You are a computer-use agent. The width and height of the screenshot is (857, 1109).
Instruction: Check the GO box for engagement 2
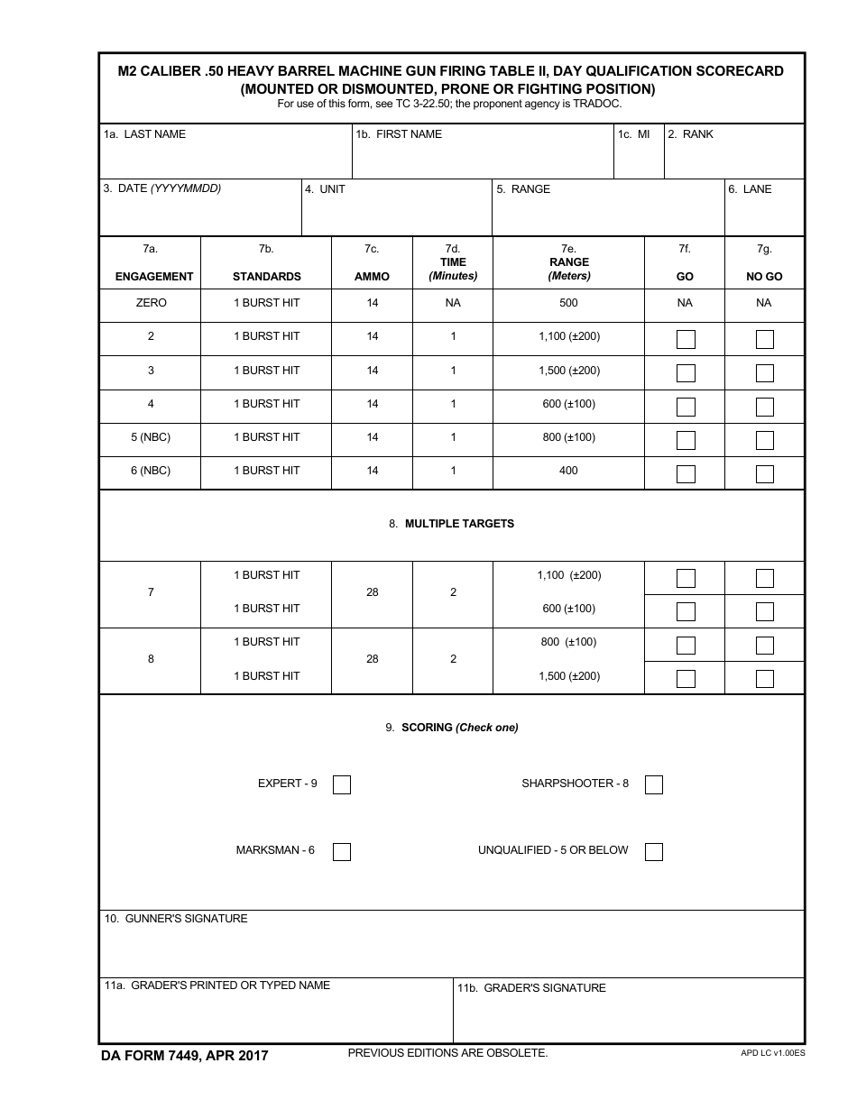coord(686,340)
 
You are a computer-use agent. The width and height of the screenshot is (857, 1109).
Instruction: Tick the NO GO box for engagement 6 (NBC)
coord(764,474)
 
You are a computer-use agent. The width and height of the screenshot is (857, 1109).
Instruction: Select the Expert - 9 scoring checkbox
coord(342,785)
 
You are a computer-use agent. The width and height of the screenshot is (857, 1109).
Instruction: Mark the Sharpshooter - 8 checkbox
coord(654,785)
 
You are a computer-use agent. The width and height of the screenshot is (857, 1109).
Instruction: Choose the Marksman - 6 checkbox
coord(342,852)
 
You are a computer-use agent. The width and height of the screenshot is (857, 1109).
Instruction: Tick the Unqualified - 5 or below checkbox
coord(654,852)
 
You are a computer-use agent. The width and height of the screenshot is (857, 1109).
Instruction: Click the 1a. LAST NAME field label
coord(144,134)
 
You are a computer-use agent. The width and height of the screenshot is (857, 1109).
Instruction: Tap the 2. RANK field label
coord(691,134)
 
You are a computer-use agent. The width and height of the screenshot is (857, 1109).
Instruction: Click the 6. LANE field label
coord(751,189)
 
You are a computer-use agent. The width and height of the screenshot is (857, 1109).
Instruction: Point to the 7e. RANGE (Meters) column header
coord(568,262)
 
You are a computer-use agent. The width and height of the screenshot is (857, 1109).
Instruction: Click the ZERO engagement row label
coord(151,303)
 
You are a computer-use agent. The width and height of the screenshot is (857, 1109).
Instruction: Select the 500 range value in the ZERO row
coord(568,303)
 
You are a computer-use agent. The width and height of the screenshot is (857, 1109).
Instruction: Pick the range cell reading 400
coord(568,471)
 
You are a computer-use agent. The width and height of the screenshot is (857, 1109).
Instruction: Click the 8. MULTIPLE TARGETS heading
coord(452,524)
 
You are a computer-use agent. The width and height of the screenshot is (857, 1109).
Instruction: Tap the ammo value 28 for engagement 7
coord(373,592)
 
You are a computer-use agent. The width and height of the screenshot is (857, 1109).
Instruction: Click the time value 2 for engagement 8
coord(453,659)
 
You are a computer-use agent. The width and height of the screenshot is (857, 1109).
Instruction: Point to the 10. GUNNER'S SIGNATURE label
coord(176,919)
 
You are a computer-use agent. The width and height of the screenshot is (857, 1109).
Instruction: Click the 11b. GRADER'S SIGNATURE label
coord(531,988)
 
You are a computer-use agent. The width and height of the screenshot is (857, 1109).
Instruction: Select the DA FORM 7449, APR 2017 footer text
coord(185,1056)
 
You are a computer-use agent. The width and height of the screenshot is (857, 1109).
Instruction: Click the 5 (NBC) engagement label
coord(151,437)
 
